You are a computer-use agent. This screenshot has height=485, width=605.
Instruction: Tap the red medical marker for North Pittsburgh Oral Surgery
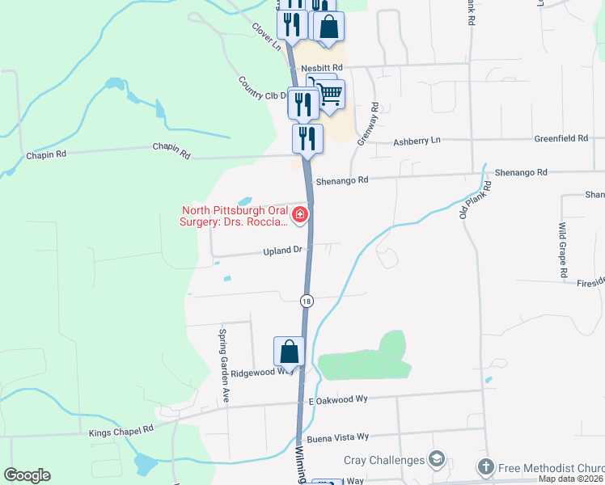(300, 214)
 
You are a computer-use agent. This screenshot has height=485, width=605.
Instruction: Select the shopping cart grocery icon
(330, 94)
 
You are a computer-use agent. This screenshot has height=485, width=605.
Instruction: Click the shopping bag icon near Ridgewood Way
(289, 352)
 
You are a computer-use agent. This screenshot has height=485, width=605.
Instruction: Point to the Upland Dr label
(282, 251)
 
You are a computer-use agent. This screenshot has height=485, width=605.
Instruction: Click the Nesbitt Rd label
(322, 68)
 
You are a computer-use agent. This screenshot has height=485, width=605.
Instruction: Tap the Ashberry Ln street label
(417, 141)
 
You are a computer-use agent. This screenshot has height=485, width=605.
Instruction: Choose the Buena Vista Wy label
(338, 436)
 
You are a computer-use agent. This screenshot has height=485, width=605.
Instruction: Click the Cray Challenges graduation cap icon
(438, 460)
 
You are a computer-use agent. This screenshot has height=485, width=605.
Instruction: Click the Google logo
(27, 475)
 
